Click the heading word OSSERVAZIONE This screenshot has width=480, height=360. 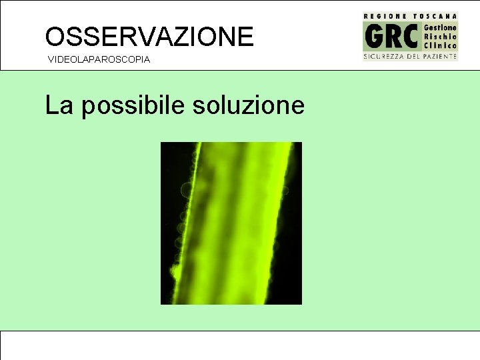(149, 36)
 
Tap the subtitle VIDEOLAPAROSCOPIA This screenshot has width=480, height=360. (99, 60)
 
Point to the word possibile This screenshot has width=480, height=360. (133, 105)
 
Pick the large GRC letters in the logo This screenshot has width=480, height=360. (391, 37)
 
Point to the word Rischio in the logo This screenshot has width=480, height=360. (441, 37)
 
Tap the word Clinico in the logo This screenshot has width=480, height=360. (441, 46)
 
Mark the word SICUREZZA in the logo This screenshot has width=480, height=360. (383, 57)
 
